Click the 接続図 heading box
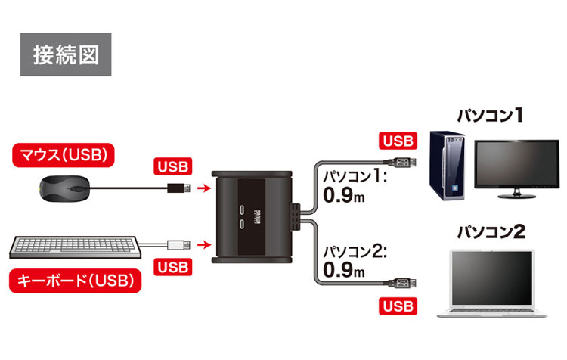[x=66, y=54]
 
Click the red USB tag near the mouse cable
[x=173, y=166]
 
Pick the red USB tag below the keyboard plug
[x=173, y=268]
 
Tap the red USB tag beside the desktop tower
[x=397, y=141]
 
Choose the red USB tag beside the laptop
[x=397, y=306]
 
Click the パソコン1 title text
[x=490, y=115]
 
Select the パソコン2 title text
[x=491, y=231]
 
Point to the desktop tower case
[x=447, y=166]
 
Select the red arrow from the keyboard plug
[x=202, y=244]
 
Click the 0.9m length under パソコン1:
[x=343, y=197]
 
